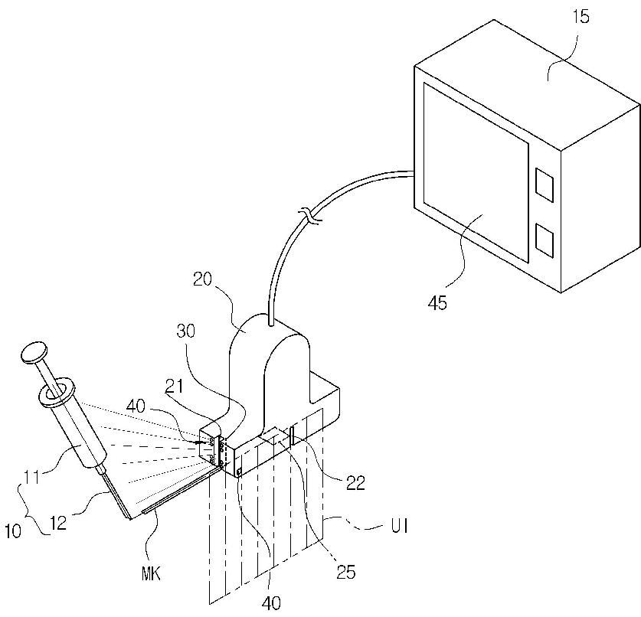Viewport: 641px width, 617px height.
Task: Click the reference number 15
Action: pyautogui.click(x=581, y=17)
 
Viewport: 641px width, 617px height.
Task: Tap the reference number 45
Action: pyautogui.click(x=437, y=303)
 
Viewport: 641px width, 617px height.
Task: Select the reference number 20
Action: pyautogui.click(x=203, y=279)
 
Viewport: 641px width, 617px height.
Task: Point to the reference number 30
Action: pyautogui.click(x=186, y=331)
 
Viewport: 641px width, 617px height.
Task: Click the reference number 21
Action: pyautogui.click(x=174, y=387)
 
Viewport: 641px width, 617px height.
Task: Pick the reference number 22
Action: pyautogui.click(x=355, y=483)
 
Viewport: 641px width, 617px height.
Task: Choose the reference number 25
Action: pyautogui.click(x=346, y=573)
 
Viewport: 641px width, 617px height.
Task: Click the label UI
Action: pyautogui.click(x=399, y=527)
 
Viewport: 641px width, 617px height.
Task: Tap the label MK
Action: pyautogui.click(x=151, y=574)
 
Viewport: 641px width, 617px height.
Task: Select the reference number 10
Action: pyautogui.click(x=13, y=531)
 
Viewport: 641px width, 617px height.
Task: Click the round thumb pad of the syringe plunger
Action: pyautogui.click(x=34, y=352)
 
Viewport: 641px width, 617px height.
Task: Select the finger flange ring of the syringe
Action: pyautogui.click(x=57, y=393)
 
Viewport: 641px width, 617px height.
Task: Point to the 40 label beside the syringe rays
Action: pyautogui.click(x=136, y=406)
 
